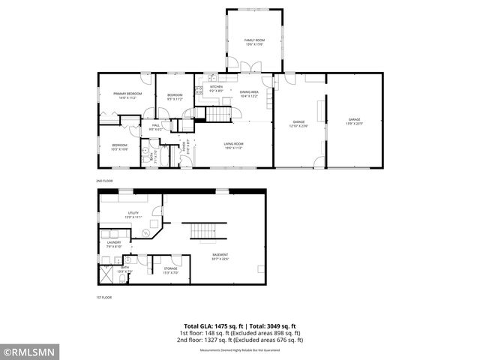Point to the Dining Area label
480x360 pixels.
249,93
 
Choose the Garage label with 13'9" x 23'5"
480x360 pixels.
354,121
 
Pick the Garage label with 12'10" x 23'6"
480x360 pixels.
298,124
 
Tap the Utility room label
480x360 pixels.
133,214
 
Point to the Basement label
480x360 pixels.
220,256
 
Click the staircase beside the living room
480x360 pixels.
218,114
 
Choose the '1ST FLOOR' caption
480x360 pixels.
103,298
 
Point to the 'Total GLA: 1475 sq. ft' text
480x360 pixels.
211,326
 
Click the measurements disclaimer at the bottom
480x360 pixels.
239,350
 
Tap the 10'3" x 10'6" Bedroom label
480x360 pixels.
120,147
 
